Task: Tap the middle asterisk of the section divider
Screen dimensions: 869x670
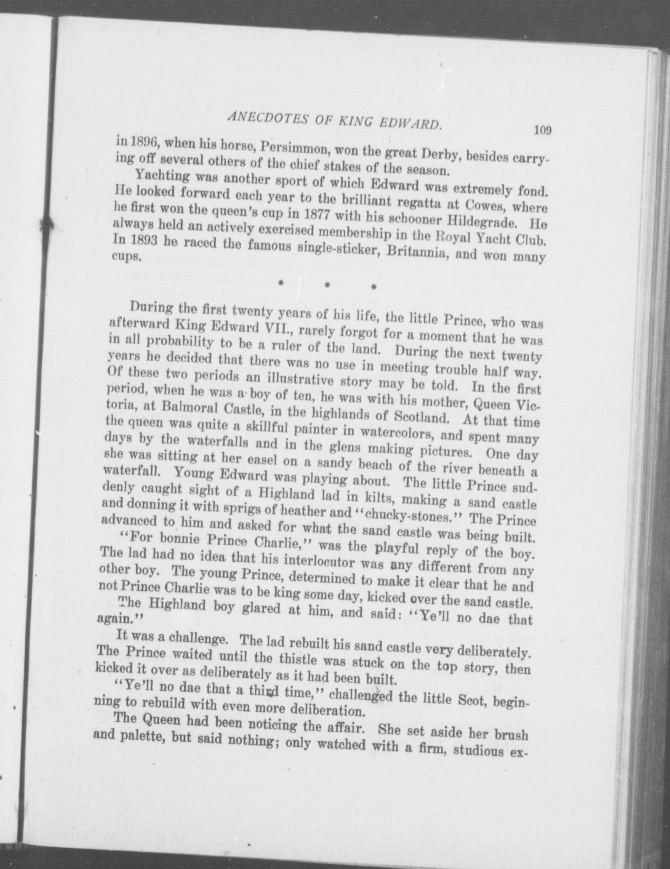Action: coord(327,285)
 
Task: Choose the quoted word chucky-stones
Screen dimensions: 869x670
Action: coord(403,517)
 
